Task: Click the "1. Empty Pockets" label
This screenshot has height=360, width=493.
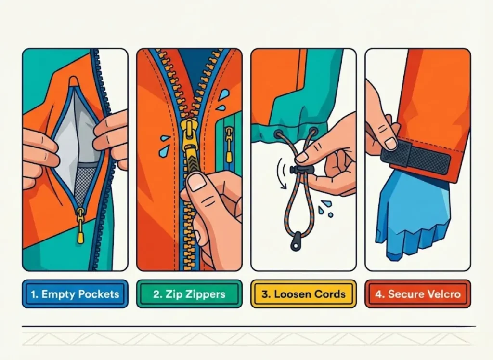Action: click(x=75, y=294)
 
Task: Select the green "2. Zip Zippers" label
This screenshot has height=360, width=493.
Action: click(x=189, y=294)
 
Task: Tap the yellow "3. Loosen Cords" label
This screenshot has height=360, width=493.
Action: click(x=303, y=294)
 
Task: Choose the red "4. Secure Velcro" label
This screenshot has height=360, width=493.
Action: click(x=417, y=294)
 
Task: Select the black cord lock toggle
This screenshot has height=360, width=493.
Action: click(x=301, y=169)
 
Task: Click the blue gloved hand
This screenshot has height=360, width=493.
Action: click(x=409, y=212)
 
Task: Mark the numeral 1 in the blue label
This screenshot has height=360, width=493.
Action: click(x=33, y=294)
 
